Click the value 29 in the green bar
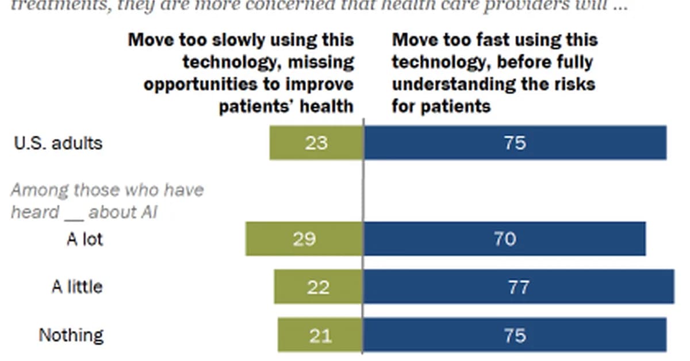click(304, 239)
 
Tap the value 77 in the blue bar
click(518, 287)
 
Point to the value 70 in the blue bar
click(504, 239)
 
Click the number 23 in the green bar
click(316, 143)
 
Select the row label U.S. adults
click(57, 143)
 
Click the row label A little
click(77, 286)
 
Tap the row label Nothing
click(71, 335)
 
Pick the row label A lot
click(85, 239)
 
